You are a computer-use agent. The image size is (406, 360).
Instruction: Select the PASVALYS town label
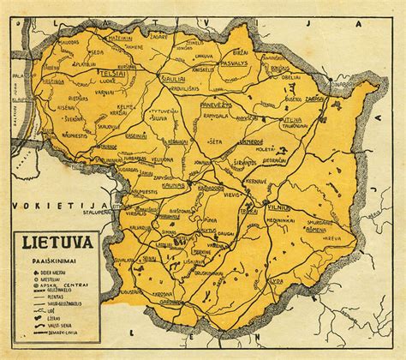tap(234, 64)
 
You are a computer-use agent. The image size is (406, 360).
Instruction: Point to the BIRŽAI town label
tap(279, 66)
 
